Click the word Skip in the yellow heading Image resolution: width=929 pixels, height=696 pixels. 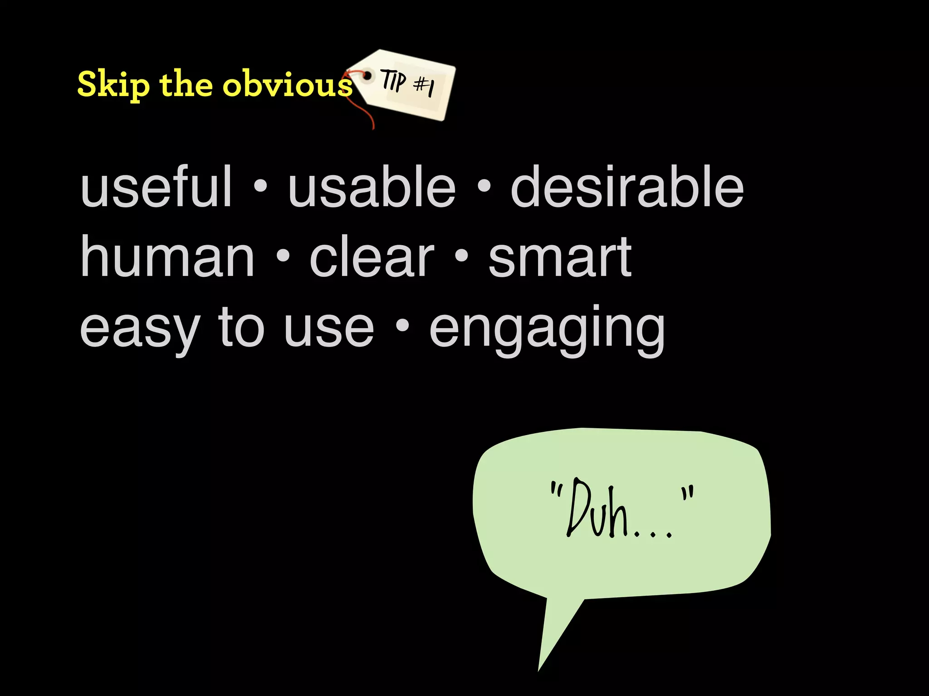coord(113,84)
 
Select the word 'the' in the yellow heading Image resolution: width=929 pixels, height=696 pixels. coord(186,84)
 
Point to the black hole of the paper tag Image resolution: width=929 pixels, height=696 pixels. coord(368,75)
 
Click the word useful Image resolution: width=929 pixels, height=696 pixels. coord(156,187)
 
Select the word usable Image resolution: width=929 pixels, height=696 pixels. coord(372,187)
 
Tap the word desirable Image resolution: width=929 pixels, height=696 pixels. coord(627,187)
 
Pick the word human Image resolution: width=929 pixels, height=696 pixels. coord(167,257)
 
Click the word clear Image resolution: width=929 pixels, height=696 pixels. coord(372,257)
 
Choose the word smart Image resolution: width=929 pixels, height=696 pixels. coord(560,257)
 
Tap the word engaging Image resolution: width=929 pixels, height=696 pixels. coord(547,329)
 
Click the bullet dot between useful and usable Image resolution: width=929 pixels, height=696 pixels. coord(260,186)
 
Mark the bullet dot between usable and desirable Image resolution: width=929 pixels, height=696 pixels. coord(484,186)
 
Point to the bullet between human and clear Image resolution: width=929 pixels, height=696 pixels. coord(282,256)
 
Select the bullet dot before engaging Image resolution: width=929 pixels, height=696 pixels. coord(402,325)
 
